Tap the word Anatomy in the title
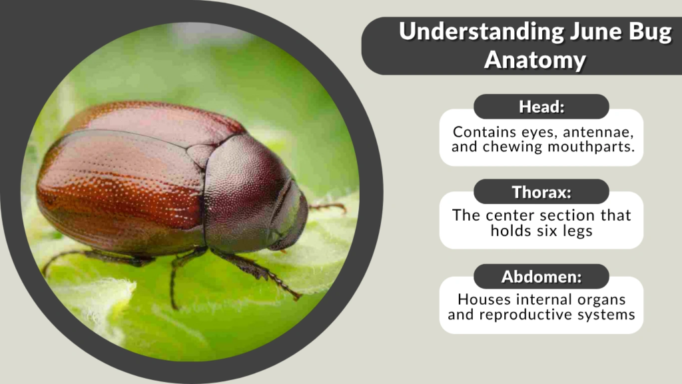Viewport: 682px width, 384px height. (535, 59)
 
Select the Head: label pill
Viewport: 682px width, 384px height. (541, 107)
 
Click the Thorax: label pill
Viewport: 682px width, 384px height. (541, 192)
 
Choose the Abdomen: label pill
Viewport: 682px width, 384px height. (541, 277)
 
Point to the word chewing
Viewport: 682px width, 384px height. (504, 147)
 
